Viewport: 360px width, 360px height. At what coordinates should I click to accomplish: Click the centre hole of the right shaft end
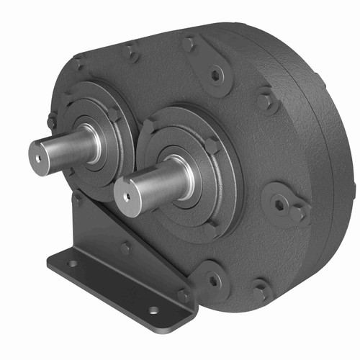click(x=127, y=195)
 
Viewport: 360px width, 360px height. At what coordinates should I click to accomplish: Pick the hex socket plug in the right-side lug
click(x=279, y=204)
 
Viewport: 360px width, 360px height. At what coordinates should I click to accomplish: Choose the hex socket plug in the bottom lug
click(x=214, y=280)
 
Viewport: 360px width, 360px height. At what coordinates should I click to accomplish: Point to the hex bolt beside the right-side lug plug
click(x=297, y=213)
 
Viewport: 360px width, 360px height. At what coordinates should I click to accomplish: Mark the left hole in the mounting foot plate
click(x=73, y=264)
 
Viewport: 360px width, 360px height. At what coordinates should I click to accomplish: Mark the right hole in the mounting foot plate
click(x=153, y=310)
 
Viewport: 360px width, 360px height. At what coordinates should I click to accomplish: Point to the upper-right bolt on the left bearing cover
click(x=115, y=113)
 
